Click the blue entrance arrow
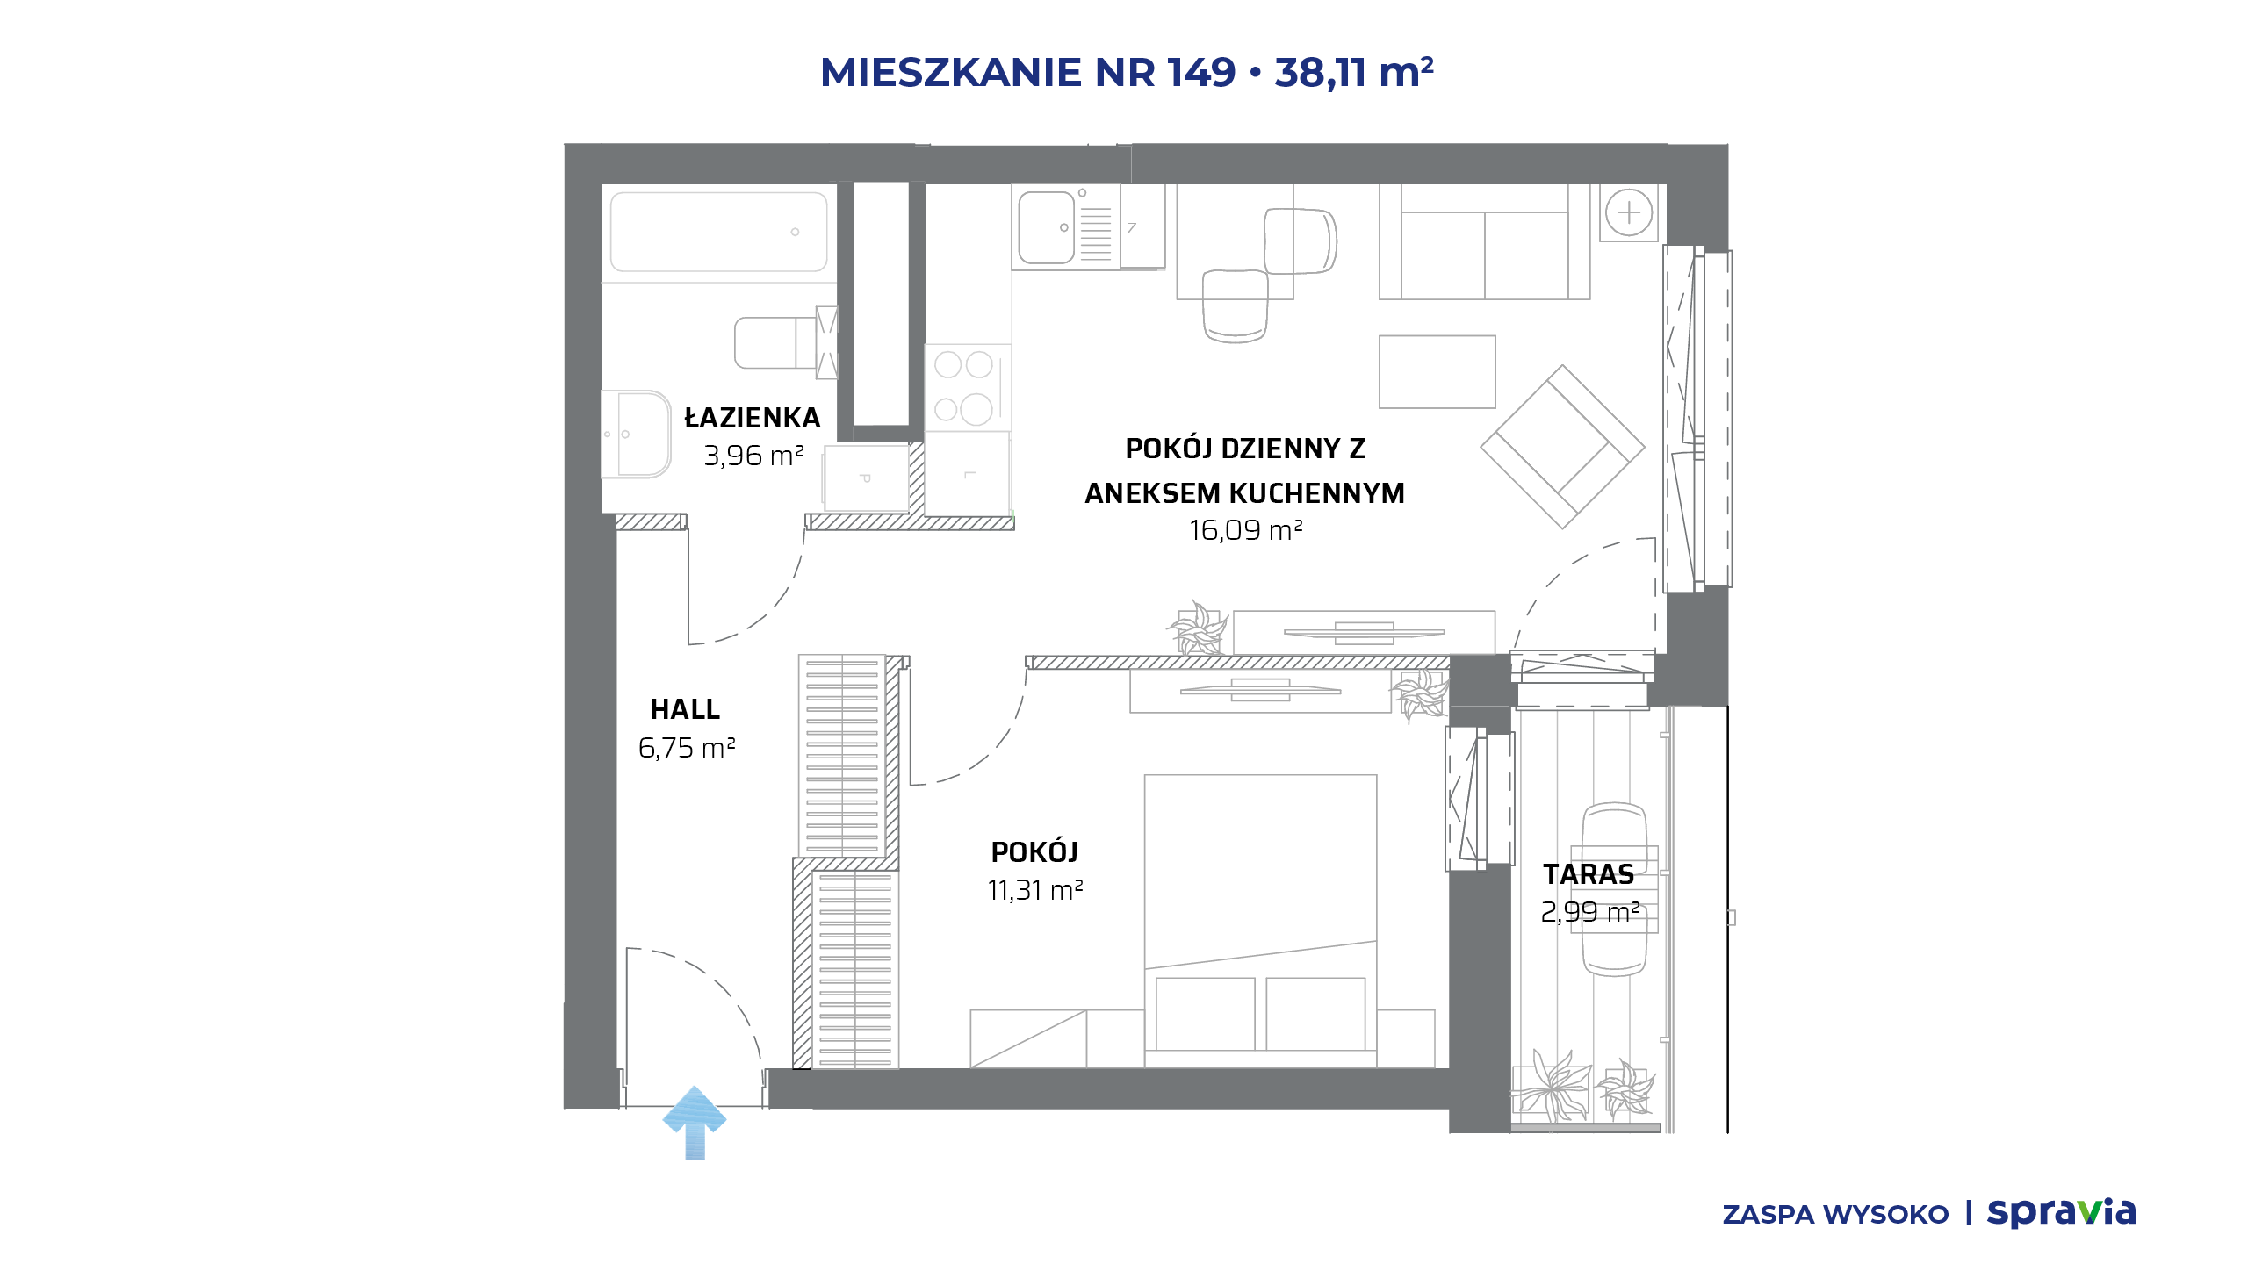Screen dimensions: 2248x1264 [x=695, y=1122]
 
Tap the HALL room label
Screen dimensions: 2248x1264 [x=685, y=709]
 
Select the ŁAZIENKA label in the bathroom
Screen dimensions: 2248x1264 [x=753, y=418]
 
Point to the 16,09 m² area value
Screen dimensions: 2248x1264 [x=1245, y=530]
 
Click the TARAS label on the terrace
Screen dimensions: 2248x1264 [x=1589, y=874]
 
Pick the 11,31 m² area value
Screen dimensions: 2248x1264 [x=1035, y=890]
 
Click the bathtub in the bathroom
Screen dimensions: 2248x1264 [x=719, y=233]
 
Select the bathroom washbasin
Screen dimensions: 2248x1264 [x=636, y=434]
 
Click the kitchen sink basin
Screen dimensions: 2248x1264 [x=1047, y=227]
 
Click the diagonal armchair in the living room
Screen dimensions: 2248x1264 [x=1562, y=447]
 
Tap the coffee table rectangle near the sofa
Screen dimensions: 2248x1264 [x=1437, y=371]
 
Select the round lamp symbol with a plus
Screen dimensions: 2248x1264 [x=1629, y=212]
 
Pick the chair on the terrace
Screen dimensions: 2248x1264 [x=1614, y=888]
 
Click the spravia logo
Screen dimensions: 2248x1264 [x=2062, y=1212]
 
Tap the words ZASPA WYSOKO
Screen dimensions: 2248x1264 [x=1835, y=1215]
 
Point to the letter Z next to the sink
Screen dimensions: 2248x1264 [x=1132, y=228]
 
